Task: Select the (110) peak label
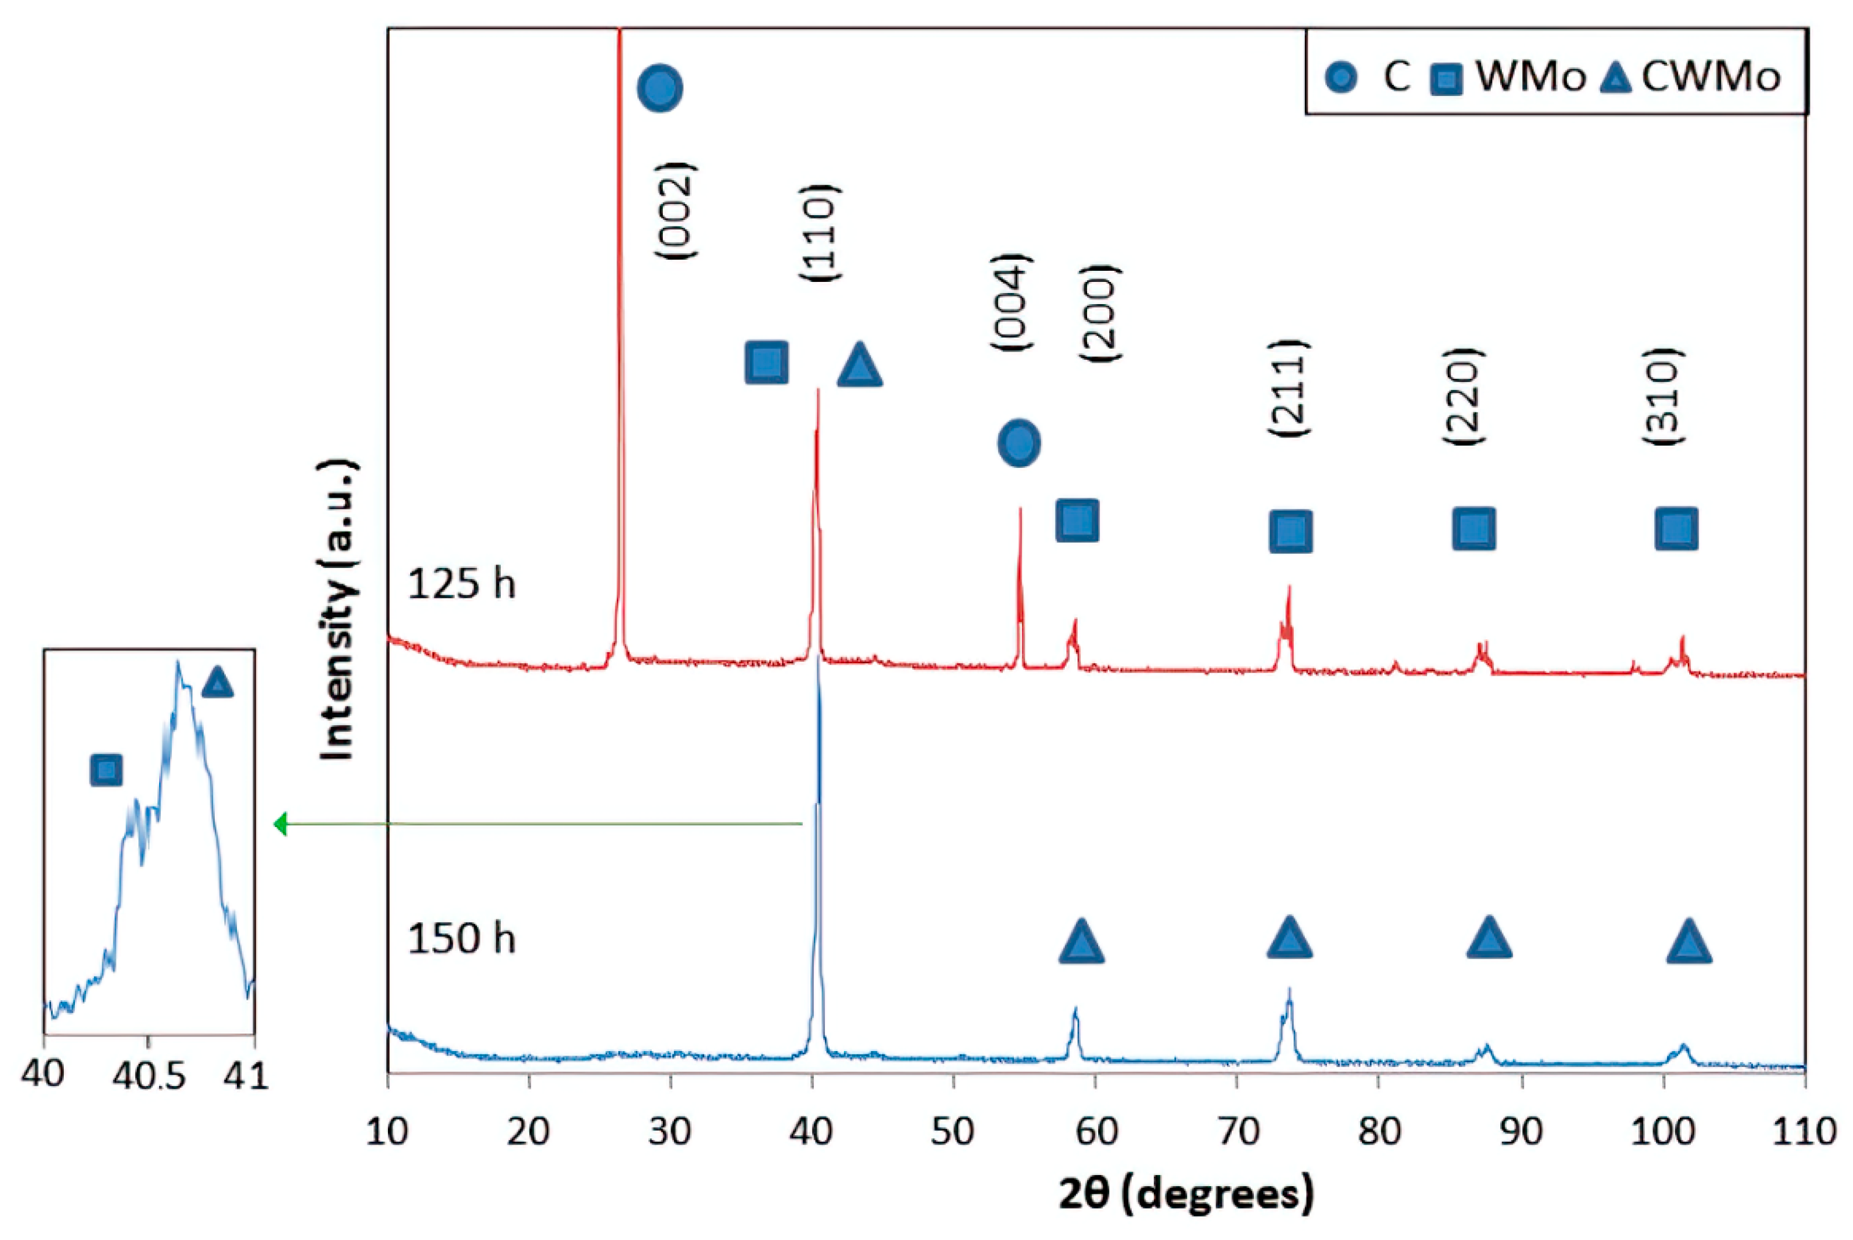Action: coord(819,233)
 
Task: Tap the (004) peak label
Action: coord(1010,302)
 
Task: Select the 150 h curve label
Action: coord(461,939)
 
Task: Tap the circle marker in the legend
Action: coord(1341,77)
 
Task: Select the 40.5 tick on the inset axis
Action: coord(149,1076)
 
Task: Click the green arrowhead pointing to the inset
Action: coord(279,825)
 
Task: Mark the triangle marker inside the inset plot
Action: coord(218,683)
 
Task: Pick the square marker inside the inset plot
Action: coord(106,770)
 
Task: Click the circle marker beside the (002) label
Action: coord(659,88)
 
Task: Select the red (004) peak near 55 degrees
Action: coord(1020,553)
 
